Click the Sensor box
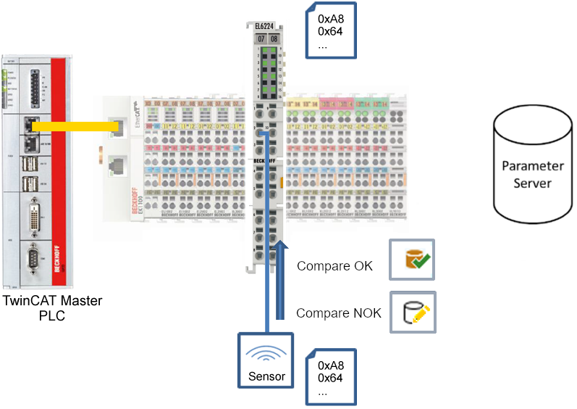click(x=267, y=359)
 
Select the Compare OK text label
click(x=334, y=266)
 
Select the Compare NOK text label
click(x=339, y=313)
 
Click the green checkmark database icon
click(x=413, y=260)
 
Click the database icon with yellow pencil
click(x=413, y=313)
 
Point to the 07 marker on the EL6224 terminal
click(x=261, y=38)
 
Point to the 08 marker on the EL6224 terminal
click(x=274, y=38)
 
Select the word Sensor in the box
click(x=267, y=376)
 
